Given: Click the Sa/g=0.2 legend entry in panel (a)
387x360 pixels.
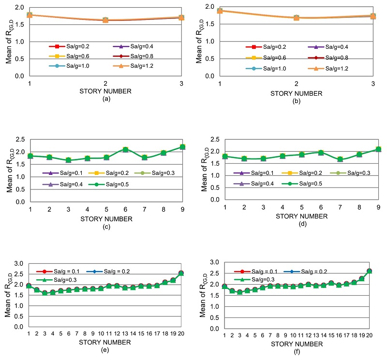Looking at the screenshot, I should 70,46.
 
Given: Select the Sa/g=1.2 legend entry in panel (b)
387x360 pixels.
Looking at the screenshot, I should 328,68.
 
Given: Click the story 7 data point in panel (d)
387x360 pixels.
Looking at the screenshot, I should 341,159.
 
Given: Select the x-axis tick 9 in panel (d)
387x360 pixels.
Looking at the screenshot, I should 378,207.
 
